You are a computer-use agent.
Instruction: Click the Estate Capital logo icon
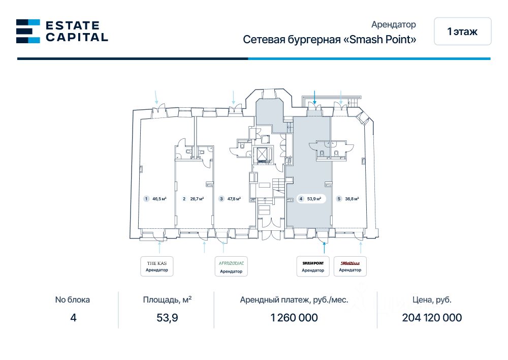pyautogui.click(x=28, y=31)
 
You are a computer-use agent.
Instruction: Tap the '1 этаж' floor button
pyautogui.click(x=462, y=32)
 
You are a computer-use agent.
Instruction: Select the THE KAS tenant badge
pyautogui.click(x=157, y=266)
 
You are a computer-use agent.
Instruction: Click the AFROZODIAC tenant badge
pyautogui.click(x=231, y=266)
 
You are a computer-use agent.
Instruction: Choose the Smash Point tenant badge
pyautogui.click(x=313, y=266)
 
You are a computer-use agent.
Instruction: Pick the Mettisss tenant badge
pyautogui.click(x=350, y=266)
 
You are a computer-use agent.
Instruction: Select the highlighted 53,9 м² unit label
pyautogui.click(x=311, y=199)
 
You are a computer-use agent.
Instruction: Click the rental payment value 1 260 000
pyautogui.click(x=294, y=318)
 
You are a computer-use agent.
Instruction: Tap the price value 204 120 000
pyautogui.click(x=432, y=318)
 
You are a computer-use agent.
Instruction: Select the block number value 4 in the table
pyautogui.click(x=73, y=318)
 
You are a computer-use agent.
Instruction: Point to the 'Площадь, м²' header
pyautogui.click(x=167, y=299)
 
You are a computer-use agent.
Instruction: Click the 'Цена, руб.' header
pyautogui.click(x=432, y=299)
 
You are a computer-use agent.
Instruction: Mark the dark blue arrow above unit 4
pyautogui.click(x=315, y=97)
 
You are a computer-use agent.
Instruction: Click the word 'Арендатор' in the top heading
pyautogui.click(x=394, y=24)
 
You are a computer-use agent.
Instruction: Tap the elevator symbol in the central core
pyautogui.click(x=263, y=154)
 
